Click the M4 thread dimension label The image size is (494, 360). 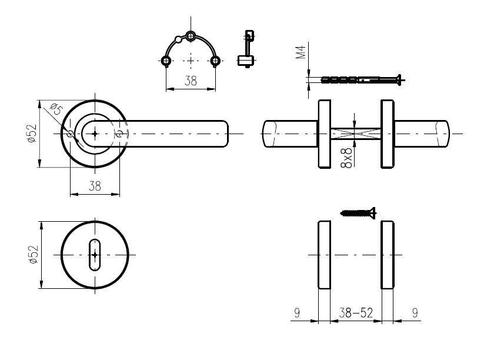click(301, 52)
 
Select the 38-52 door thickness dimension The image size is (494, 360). click(356, 313)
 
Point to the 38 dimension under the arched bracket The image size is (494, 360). click(191, 81)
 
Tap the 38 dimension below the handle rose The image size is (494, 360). click(95, 186)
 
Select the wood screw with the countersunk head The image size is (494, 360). click(359, 213)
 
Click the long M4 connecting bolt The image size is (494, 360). click(362, 79)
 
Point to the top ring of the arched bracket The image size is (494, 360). click(191, 36)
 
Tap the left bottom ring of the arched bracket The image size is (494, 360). click(166, 61)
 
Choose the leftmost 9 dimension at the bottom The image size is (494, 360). click(297, 313)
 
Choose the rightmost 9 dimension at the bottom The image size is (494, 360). click(415, 313)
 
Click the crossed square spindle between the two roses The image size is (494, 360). click(356, 134)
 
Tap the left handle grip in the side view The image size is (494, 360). click(290, 134)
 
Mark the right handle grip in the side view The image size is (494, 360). click(422, 134)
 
